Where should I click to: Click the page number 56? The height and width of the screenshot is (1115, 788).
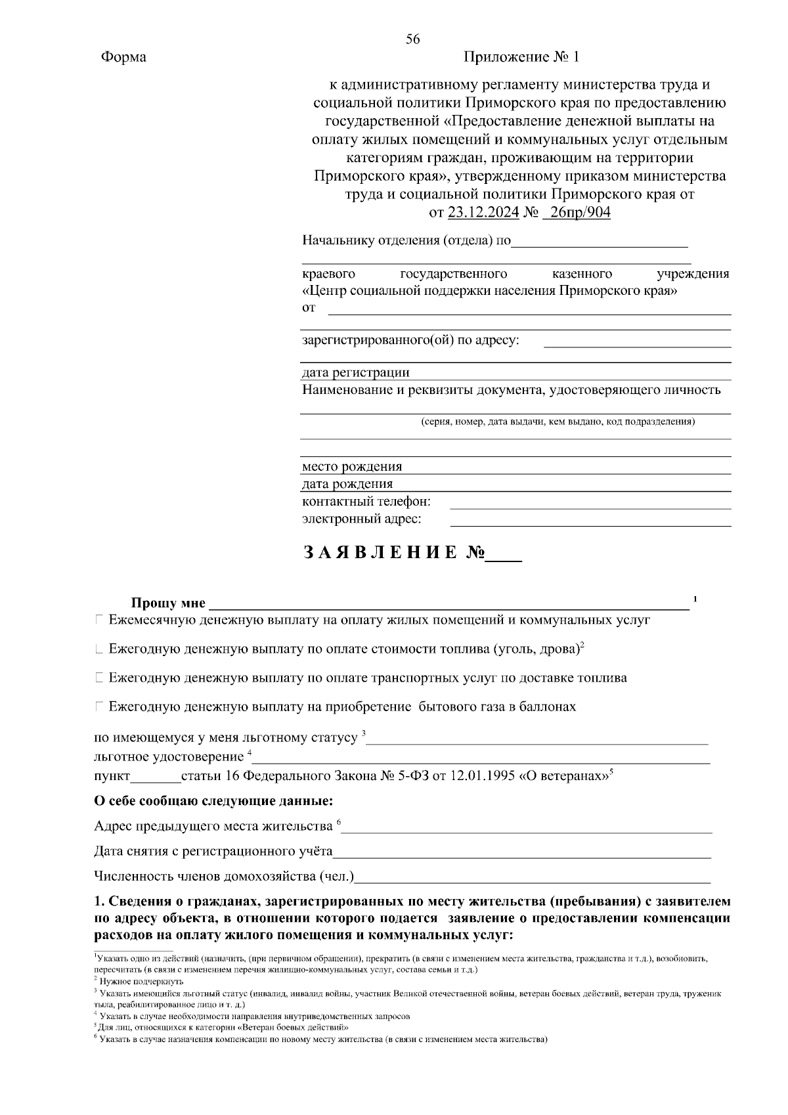412,39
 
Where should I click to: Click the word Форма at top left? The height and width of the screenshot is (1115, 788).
123,57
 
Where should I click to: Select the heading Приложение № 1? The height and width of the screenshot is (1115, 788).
521,57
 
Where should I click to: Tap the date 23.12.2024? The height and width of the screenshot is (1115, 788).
483,213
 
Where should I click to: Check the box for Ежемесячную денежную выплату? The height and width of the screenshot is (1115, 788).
98,619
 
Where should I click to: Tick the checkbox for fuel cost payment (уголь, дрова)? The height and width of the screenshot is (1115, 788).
98,649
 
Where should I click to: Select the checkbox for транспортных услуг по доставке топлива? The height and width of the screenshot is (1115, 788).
98,678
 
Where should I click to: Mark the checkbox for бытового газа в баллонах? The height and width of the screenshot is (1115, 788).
98,707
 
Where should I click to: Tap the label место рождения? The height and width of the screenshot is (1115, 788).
352,467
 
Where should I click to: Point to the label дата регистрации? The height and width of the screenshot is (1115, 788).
355,373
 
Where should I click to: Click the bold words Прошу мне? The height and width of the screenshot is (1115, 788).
168,603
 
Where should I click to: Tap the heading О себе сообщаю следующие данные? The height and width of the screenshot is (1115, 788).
213,801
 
